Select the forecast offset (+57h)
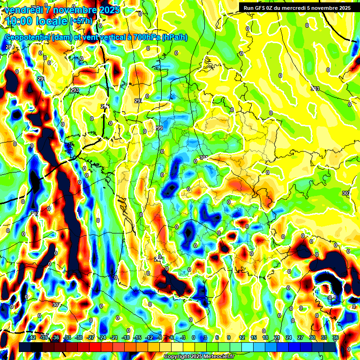tap(81, 21)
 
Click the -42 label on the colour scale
tap(32, 338)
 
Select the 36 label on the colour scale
tap(336, 338)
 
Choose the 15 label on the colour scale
tap(254, 338)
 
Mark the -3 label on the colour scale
tap(183, 338)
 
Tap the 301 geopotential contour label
tap(203, 157)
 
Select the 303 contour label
tap(315, 89)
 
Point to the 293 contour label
tap(75, 90)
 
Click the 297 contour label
tap(138, 101)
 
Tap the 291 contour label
tap(41, 79)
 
